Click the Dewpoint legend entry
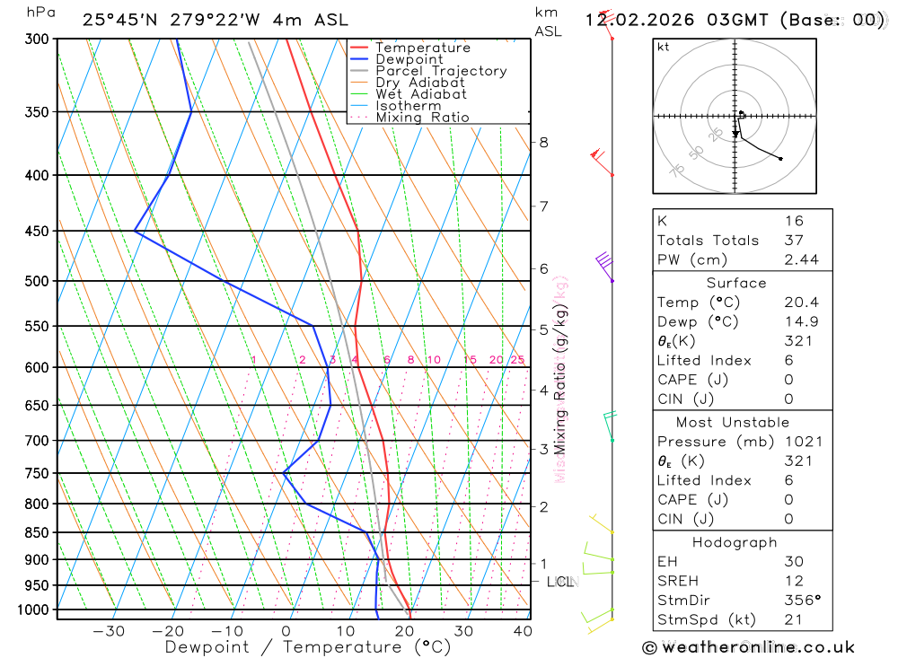point(409,59)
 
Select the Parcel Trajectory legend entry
point(440,71)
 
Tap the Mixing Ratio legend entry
point(422,118)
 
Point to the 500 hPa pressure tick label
point(37,281)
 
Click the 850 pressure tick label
point(37,532)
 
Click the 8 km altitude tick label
point(543,142)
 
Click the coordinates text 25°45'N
point(119,20)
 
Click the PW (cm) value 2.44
point(801,260)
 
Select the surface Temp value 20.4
point(801,303)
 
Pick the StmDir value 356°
point(803,601)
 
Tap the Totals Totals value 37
point(794,241)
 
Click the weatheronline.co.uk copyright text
point(748,647)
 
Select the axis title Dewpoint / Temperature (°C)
point(307,646)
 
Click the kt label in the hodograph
point(664,47)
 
